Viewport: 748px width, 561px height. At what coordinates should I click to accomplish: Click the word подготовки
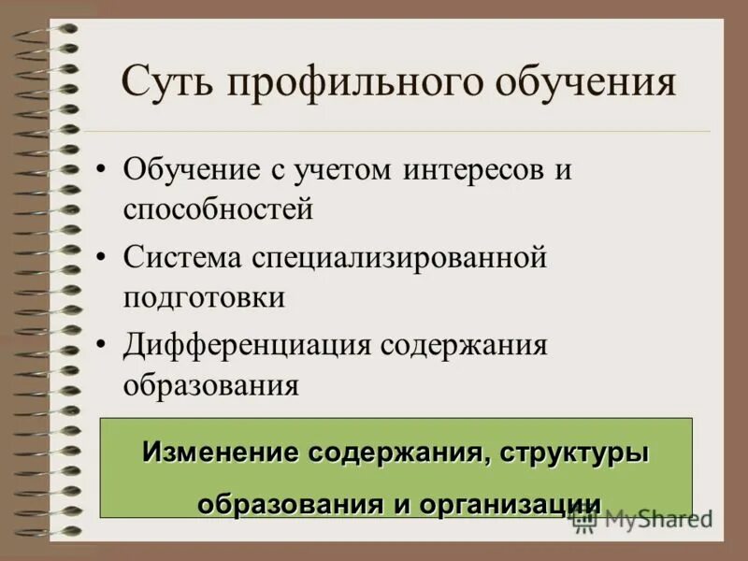point(204,297)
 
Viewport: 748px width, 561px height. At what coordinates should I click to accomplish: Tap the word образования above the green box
point(210,383)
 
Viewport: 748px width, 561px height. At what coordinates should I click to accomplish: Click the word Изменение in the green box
point(216,453)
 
